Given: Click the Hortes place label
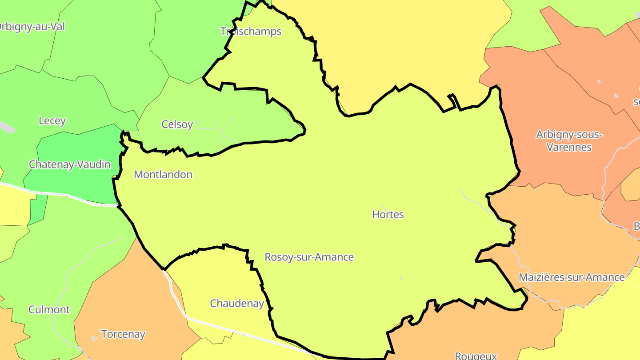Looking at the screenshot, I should [388, 214].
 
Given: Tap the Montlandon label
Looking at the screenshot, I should [163, 174].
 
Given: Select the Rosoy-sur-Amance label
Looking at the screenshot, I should [309, 257].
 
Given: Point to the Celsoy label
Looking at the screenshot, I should [177, 124].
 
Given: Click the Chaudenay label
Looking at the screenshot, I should [237, 304].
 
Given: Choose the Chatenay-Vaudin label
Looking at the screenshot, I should [70, 164].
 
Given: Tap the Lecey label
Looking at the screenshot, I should [52, 120].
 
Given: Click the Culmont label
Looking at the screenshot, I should [49, 309].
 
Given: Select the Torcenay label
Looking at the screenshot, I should [123, 334].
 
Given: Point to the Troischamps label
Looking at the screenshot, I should [251, 31].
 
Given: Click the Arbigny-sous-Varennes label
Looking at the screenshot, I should [569, 140].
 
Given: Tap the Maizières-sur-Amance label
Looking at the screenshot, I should [572, 277].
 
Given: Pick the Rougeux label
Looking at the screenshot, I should [476, 356].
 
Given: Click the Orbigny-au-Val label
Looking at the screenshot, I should [31, 26].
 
